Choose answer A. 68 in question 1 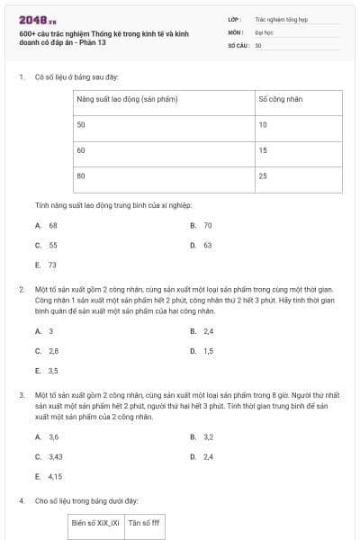(x=47, y=225)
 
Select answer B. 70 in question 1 (x=202, y=225)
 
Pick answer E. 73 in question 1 (x=47, y=265)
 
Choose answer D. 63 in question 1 (x=202, y=245)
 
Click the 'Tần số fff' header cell (x=144, y=522)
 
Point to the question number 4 (x=21, y=500)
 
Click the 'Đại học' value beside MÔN (x=264, y=31)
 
